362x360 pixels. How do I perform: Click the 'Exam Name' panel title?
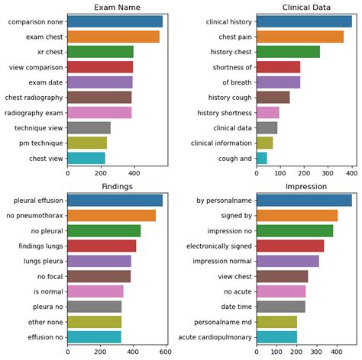click(x=117, y=8)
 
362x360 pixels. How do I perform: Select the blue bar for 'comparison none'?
click(x=125, y=21)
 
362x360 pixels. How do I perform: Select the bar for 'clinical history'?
click(x=304, y=21)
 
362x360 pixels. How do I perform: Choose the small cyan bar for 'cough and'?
click(x=261, y=158)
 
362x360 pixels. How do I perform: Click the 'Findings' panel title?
click(x=117, y=186)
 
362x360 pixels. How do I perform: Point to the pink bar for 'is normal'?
click(x=95, y=291)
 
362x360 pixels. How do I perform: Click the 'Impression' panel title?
click(x=306, y=186)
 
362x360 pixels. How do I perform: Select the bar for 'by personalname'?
click(x=304, y=200)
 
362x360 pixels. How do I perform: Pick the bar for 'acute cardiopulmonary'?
click(x=276, y=336)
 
